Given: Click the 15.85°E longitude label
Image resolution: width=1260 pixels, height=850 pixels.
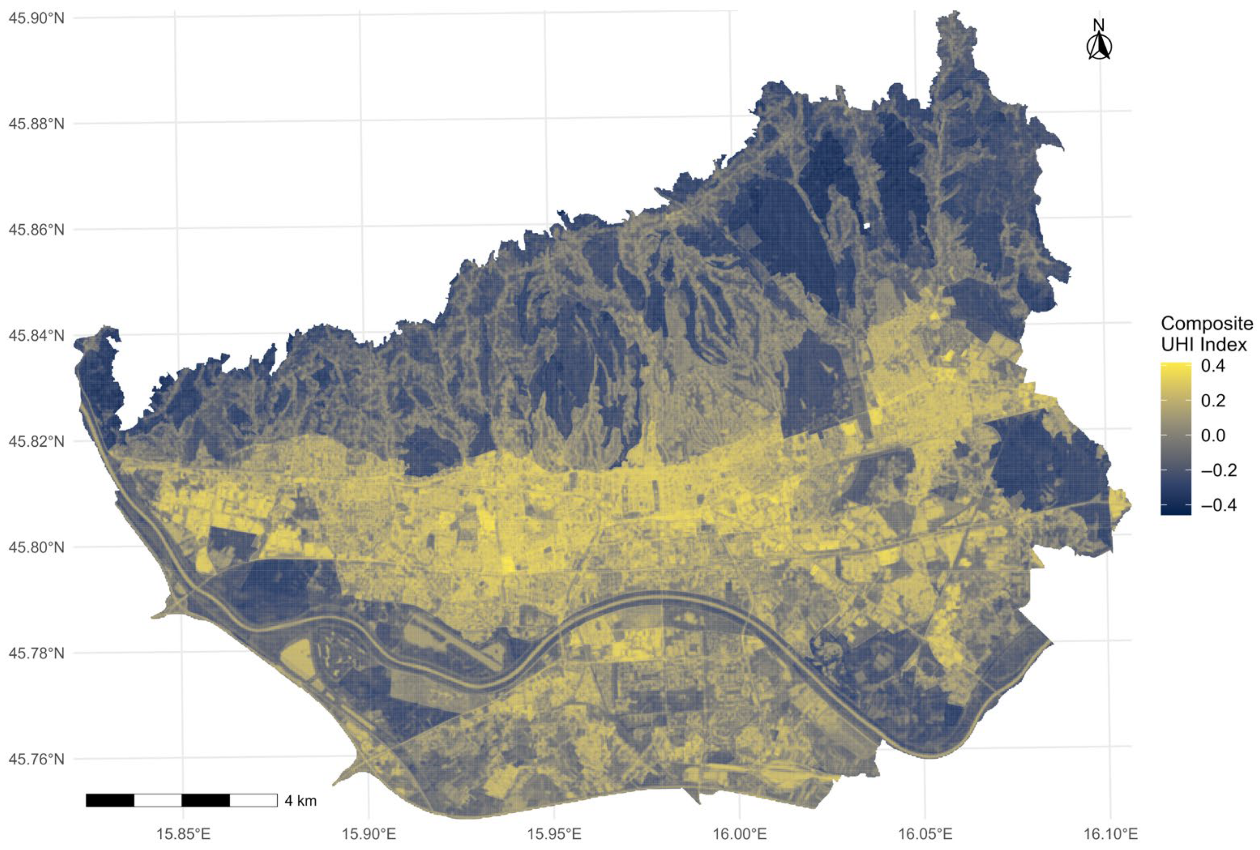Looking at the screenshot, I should pyautogui.click(x=183, y=833).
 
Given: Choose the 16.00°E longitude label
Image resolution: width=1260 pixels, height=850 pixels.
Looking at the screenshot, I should pyautogui.click(x=739, y=833).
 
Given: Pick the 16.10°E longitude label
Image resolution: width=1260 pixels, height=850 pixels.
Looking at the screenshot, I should pyautogui.click(x=1110, y=833).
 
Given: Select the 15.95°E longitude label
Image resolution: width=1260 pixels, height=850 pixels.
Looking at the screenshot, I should pyautogui.click(x=554, y=833).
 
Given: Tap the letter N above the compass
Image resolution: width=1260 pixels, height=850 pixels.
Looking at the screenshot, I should pyautogui.click(x=1098, y=25).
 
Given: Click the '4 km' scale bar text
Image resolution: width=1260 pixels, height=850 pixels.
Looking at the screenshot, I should pyautogui.click(x=300, y=801).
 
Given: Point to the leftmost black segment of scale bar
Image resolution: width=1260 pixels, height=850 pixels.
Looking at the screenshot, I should pyautogui.click(x=110, y=800).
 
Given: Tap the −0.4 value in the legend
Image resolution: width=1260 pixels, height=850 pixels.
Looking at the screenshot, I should pyautogui.click(x=1218, y=505).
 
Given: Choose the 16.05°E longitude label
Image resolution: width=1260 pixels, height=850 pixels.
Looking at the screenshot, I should pyautogui.click(x=925, y=833).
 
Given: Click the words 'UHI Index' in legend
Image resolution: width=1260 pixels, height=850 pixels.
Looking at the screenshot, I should pyautogui.click(x=1204, y=344).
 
